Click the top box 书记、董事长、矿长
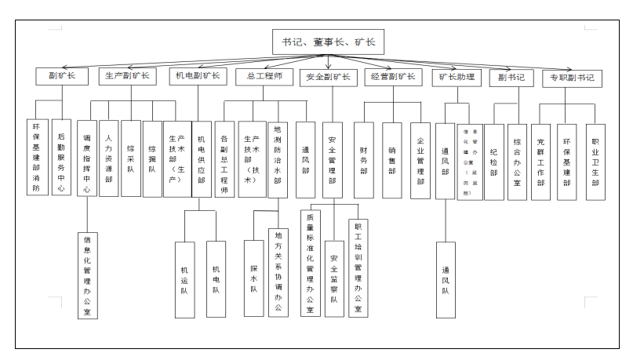coord(329,42)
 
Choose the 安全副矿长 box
coord(329,77)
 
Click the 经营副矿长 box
coord(394,77)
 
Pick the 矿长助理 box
coord(454,78)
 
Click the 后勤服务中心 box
coord(61,156)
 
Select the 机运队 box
coord(184,278)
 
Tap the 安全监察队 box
coord(334,278)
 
